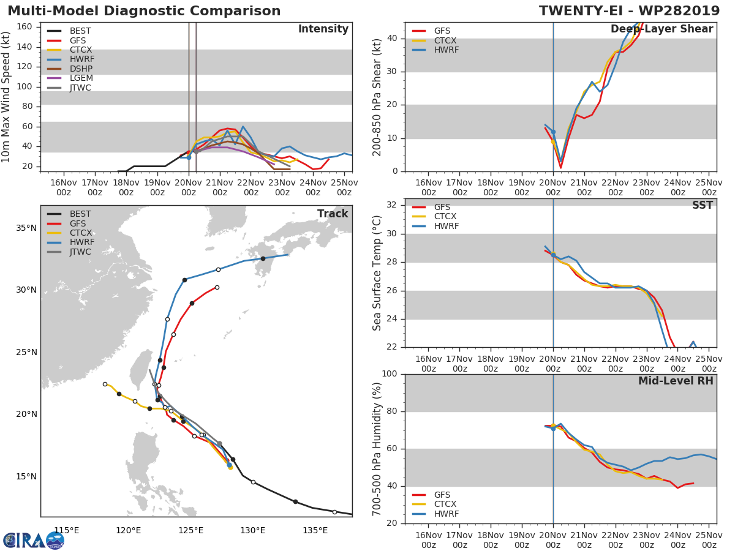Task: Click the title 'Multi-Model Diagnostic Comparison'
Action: pyautogui.click(x=144, y=11)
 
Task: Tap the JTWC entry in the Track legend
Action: pyautogui.click(x=80, y=252)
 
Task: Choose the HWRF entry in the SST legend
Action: pyautogui.click(x=446, y=227)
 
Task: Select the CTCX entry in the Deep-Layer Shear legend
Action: pyautogui.click(x=446, y=40)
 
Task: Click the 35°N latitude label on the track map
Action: pyautogui.click(x=26, y=228)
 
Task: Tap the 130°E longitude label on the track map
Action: pyautogui.click(x=252, y=530)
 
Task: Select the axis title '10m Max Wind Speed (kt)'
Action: pyautogui.click(x=7, y=97)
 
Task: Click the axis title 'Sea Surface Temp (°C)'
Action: pyautogui.click(x=377, y=273)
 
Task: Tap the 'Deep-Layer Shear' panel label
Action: pyautogui.click(x=661, y=29)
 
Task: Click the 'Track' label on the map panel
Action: pyautogui.click(x=332, y=214)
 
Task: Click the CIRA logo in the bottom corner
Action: pyautogui.click(x=33, y=540)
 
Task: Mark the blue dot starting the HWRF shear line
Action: pyautogui.click(x=553, y=132)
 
